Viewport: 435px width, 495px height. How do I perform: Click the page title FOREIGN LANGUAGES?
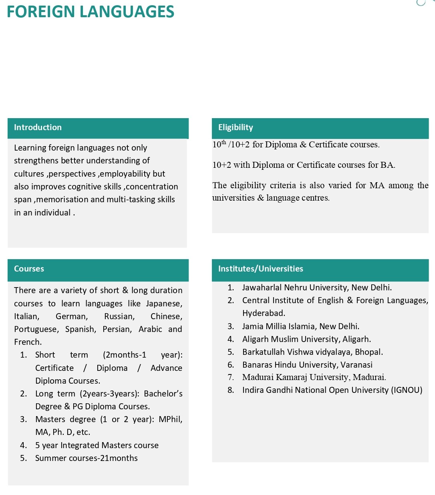[x=91, y=12]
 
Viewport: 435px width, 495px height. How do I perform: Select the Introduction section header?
[x=38, y=127]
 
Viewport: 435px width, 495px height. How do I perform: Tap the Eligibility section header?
[x=236, y=127]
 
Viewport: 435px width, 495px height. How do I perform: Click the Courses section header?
[x=29, y=269]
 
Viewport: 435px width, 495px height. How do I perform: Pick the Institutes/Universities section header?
[x=260, y=269]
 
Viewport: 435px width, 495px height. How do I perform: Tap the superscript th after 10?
[x=224, y=142]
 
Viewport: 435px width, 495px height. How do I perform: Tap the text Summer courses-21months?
[x=86, y=458]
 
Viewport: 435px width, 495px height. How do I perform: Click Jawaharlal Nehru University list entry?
[x=317, y=288]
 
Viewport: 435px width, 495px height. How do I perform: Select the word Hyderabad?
[x=263, y=313]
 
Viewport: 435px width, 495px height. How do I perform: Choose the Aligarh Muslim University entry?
[x=306, y=339]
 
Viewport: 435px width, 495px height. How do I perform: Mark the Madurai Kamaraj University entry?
[x=314, y=377]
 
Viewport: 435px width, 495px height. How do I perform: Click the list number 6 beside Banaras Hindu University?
[x=231, y=365]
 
